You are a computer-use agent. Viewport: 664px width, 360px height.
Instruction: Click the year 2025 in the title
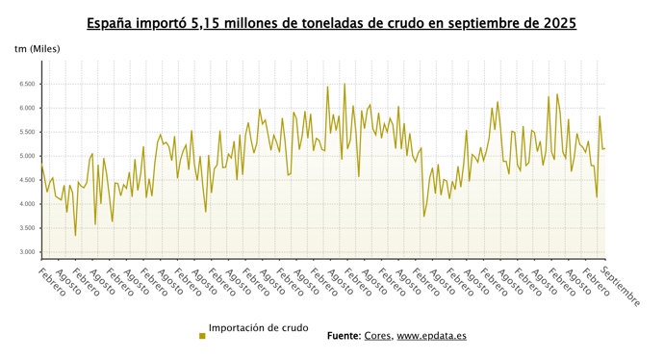(557, 21)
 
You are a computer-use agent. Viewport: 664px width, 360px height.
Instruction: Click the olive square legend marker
(202, 335)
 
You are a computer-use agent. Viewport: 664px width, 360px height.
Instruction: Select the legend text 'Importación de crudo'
(258, 328)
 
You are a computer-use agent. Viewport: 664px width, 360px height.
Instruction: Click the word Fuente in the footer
(342, 336)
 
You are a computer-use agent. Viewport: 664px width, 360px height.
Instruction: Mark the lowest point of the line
(75, 236)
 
